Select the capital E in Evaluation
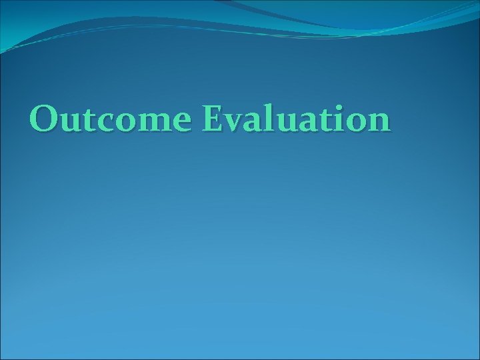click(x=215, y=119)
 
